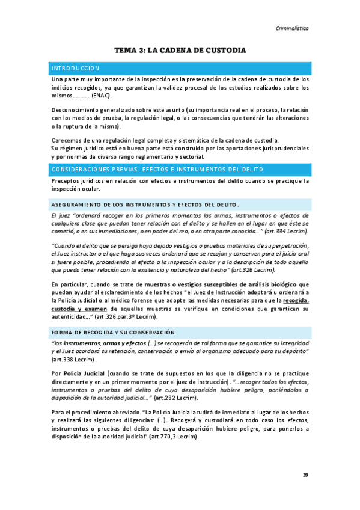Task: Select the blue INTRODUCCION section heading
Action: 76,68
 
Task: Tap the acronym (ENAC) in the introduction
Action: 102,96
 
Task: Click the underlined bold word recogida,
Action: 296,301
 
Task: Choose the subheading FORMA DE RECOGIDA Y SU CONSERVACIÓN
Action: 113,332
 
